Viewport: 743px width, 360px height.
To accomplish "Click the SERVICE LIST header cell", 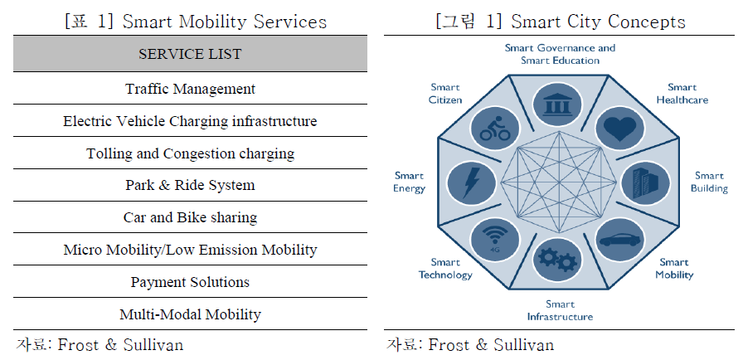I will pos(190,55).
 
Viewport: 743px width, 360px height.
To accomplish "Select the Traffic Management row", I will pos(190,89).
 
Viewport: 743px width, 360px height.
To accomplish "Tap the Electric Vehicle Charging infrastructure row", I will pos(190,121).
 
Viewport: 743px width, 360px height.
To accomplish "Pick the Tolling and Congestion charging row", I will pos(190,153).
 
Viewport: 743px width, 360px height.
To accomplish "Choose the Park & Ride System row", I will pos(190,185).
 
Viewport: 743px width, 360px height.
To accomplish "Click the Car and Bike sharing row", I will pos(190,217).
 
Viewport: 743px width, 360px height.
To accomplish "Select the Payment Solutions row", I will pos(190,282).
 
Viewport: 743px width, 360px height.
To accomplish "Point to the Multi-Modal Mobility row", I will pos(190,314).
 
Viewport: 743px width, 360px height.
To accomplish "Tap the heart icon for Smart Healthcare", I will pos(619,129).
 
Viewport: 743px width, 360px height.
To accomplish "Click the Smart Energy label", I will pos(409,182).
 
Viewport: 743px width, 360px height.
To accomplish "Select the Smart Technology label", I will pos(446,269).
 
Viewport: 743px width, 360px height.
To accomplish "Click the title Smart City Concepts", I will pos(561,22).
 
